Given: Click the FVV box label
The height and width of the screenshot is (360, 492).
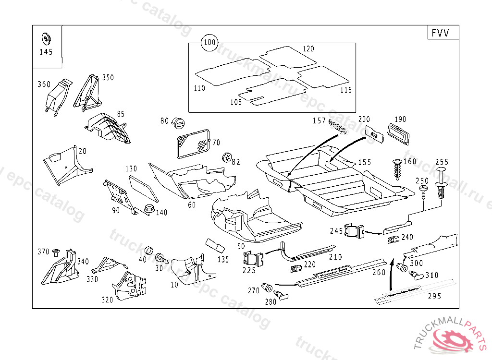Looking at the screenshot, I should (x=441, y=33).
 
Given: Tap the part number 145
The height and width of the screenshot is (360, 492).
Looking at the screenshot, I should (x=46, y=52).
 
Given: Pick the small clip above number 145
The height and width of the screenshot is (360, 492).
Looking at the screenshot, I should (x=47, y=38).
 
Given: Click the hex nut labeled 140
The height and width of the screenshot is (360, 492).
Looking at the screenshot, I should (x=148, y=210).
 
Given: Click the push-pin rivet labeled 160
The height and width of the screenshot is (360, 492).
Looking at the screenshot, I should (x=398, y=168).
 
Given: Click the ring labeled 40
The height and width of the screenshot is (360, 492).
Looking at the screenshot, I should (x=149, y=252).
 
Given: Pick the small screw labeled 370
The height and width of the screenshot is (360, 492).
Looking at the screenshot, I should (x=56, y=252).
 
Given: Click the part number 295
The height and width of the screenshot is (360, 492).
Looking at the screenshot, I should (x=434, y=296).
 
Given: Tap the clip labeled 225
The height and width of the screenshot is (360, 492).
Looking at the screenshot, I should (x=253, y=259).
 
